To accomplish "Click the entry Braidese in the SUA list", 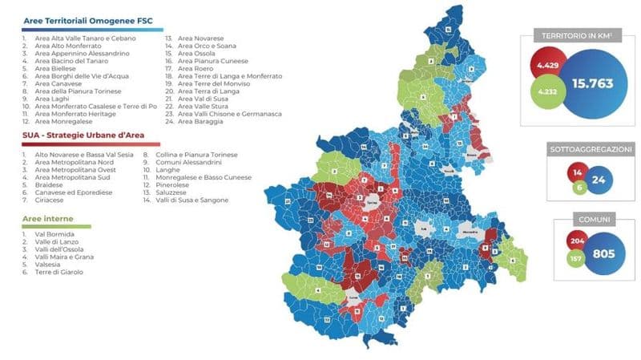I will [x=50, y=184].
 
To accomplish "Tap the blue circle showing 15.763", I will [x=595, y=84].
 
